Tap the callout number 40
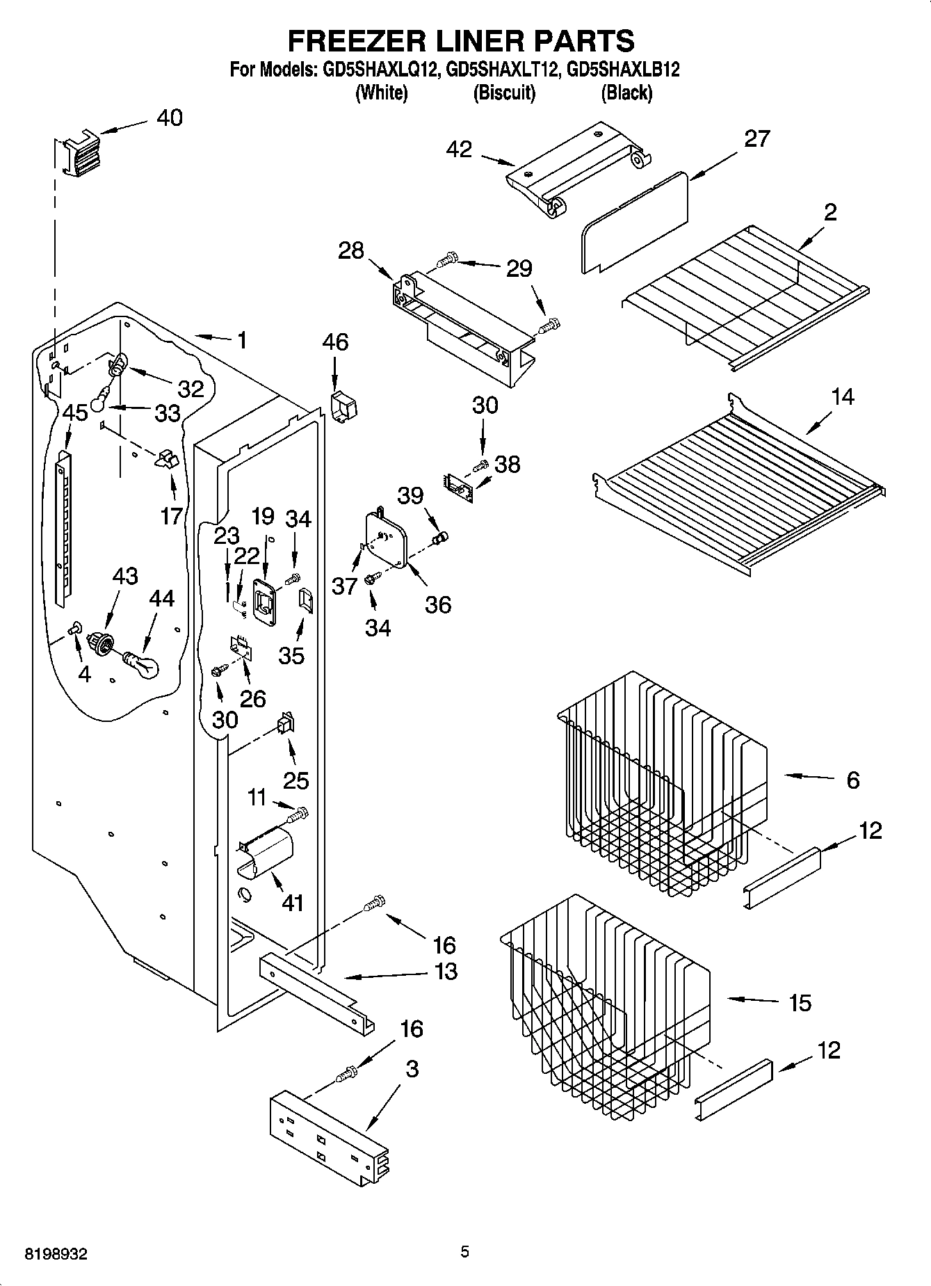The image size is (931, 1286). (169, 118)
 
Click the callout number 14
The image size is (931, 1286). (843, 398)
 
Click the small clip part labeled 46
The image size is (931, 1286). (341, 405)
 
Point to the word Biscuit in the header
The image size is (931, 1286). (504, 93)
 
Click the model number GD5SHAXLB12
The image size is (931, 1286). (623, 70)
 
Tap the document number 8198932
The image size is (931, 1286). (56, 1253)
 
